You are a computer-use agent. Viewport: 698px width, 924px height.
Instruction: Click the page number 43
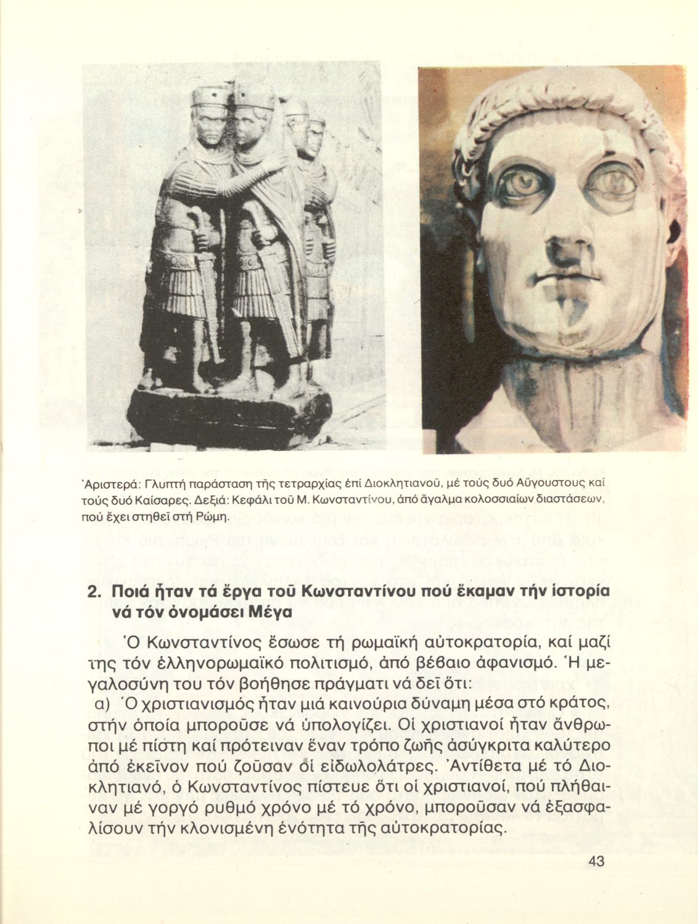[595, 862]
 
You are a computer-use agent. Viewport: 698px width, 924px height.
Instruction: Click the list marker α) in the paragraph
[101, 702]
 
